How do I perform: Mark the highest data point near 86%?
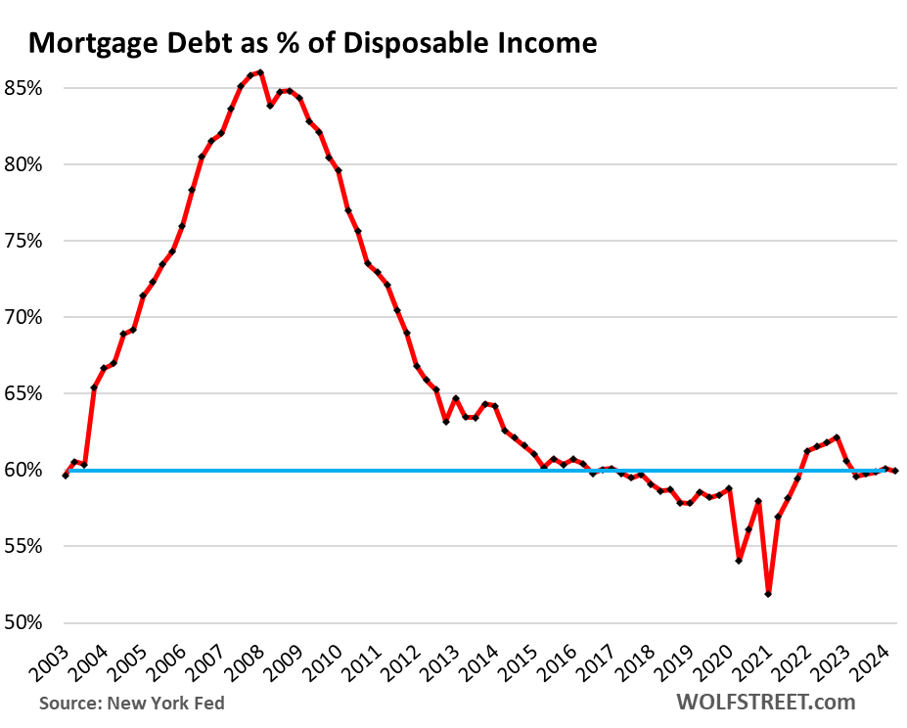pyautogui.click(x=260, y=72)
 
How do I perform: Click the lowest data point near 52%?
pyautogui.click(x=768, y=594)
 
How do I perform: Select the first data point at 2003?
pyautogui.click(x=65, y=476)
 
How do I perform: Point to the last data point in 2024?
pyautogui.click(x=895, y=472)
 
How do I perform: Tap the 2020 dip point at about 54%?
pyautogui.click(x=739, y=561)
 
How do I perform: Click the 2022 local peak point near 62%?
pyautogui.click(x=837, y=437)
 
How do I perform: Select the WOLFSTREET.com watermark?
pyautogui.click(x=765, y=702)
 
